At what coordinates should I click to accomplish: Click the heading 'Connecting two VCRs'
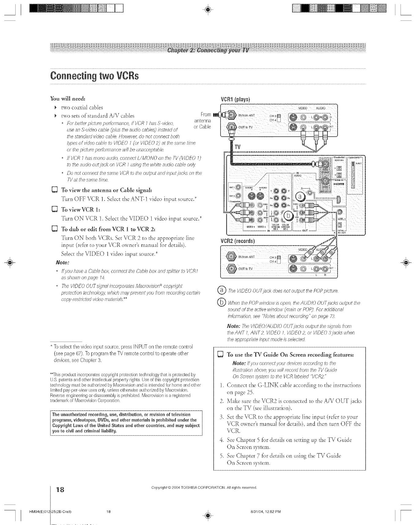94,75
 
